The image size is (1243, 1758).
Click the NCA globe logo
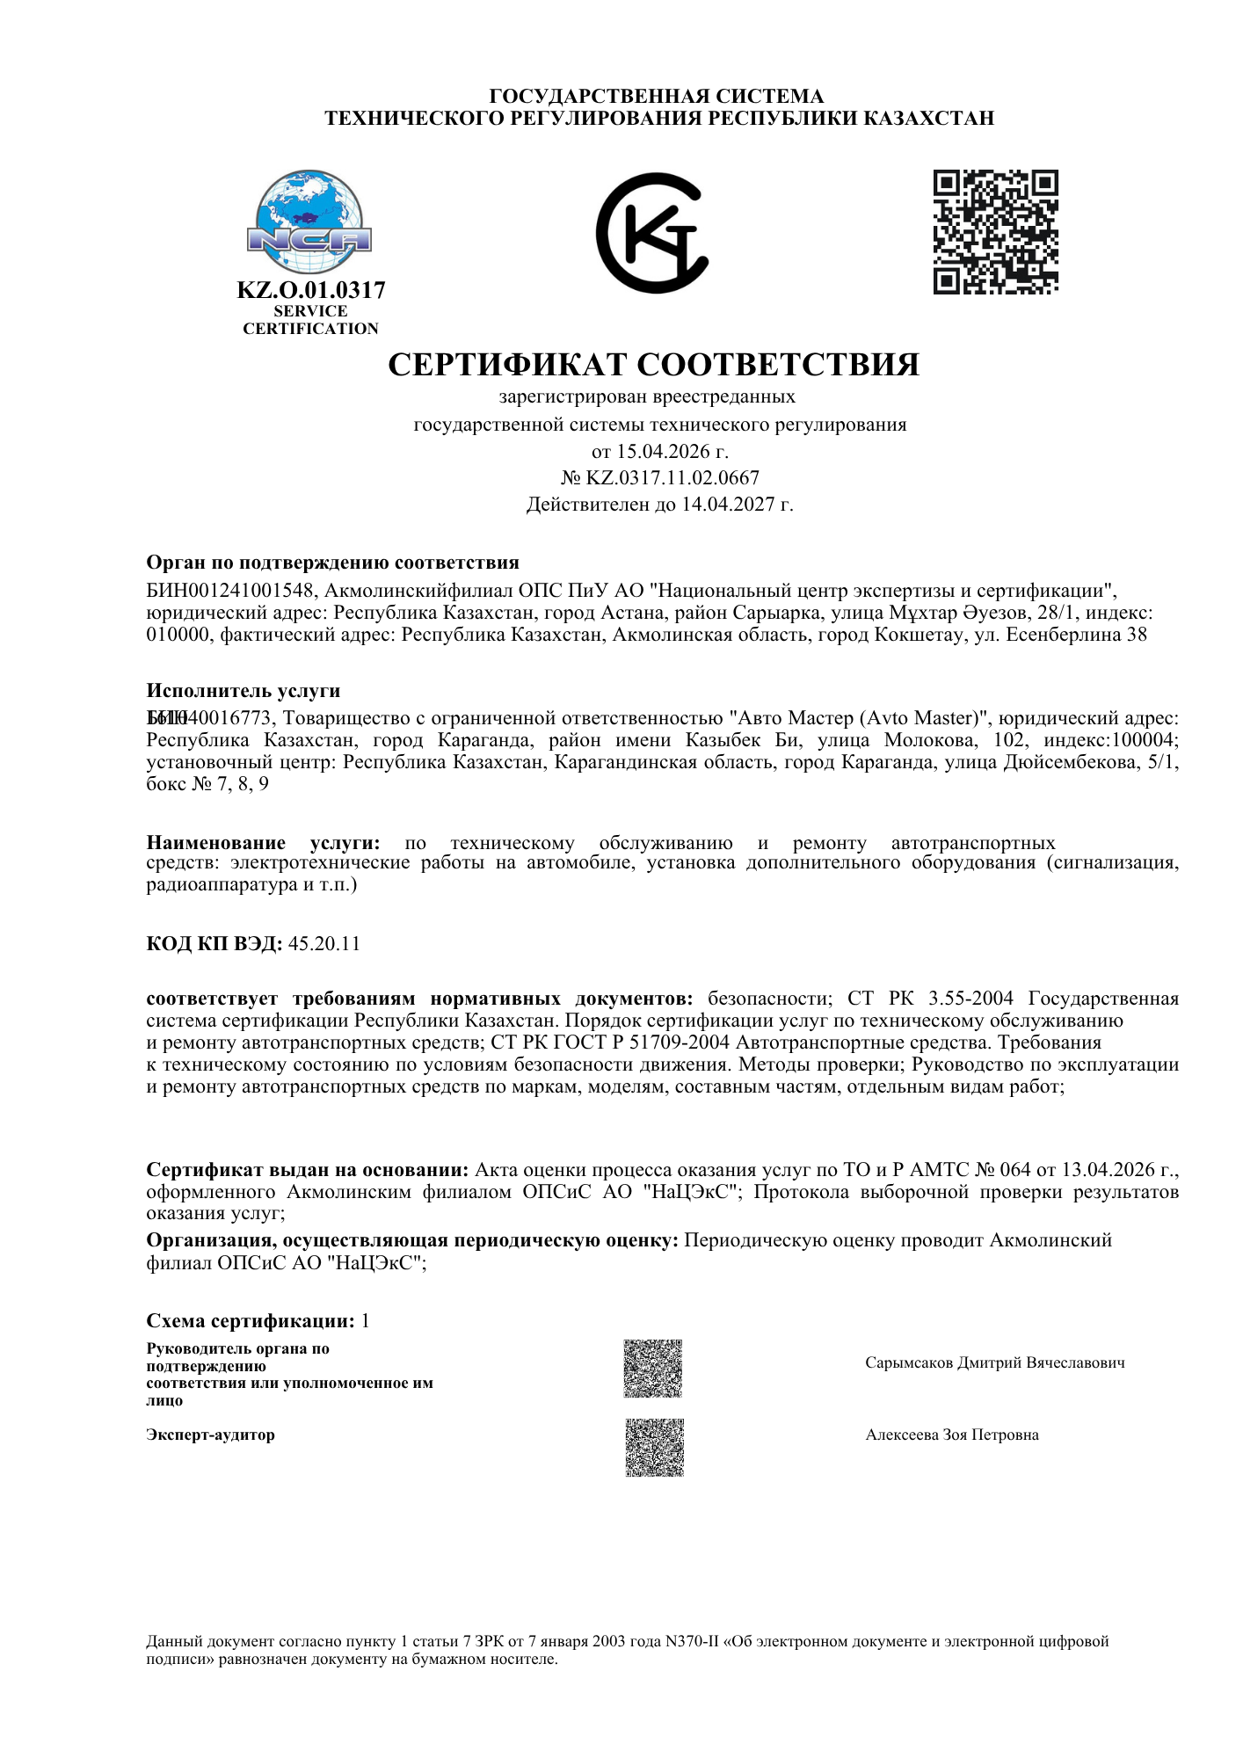coord(309,223)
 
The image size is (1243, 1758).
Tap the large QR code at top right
coord(995,232)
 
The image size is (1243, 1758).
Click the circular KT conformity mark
coord(652,233)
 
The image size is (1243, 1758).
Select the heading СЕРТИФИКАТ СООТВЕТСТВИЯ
coord(653,364)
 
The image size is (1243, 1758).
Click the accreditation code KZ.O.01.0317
coord(311,290)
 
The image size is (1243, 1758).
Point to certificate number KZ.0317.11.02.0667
coord(672,478)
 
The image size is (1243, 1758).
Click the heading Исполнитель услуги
coord(244,691)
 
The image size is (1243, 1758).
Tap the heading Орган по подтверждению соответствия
coord(332,563)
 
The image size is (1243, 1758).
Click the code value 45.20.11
coord(324,944)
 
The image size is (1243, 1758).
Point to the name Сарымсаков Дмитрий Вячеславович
coord(994,1363)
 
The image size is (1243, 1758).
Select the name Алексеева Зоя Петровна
coord(952,1435)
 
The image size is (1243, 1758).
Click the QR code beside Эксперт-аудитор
coord(654,1448)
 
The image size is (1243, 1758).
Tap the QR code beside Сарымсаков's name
coord(653,1369)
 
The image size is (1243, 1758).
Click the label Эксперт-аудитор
coord(211,1435)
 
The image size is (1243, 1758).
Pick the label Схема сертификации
coord(251,1321)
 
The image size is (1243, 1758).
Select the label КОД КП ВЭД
coord(214,944)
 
